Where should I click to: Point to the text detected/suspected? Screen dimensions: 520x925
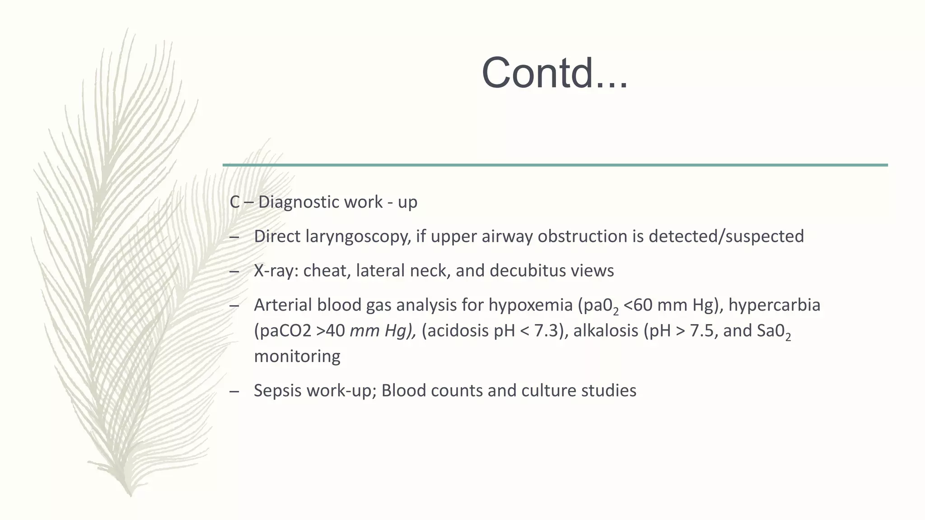click(726, 237)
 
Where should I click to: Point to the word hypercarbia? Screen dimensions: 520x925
click(774, 305)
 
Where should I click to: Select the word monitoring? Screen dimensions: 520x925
click(297, 356)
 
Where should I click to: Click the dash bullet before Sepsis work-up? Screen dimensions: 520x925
click(234, 391)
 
